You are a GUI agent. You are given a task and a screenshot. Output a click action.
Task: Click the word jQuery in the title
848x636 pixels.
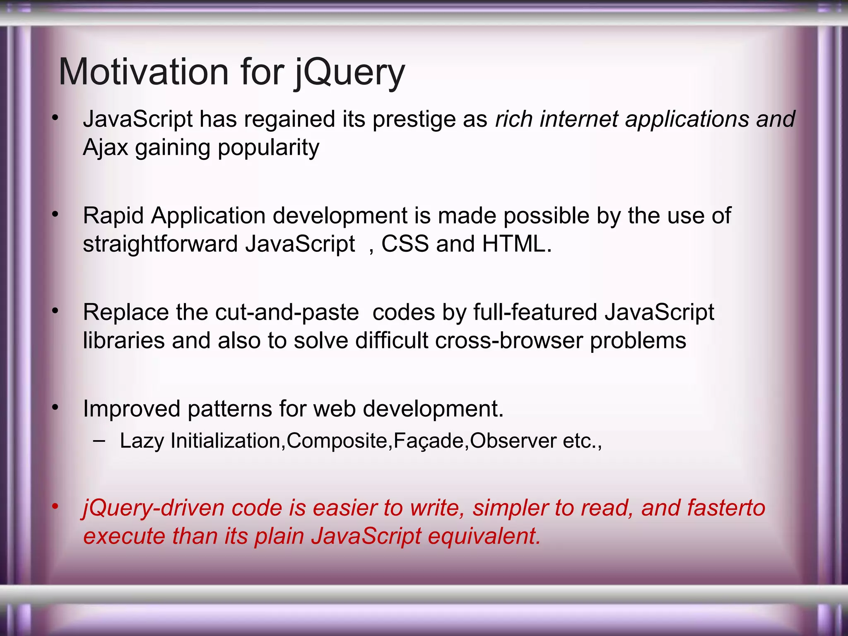(350, 72)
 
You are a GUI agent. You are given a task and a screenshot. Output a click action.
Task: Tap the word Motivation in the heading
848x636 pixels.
(143, 72)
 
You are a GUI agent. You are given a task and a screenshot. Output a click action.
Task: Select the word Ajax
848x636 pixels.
(105, 147)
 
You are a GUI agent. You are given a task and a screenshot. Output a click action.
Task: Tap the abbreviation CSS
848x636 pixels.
(405, 244)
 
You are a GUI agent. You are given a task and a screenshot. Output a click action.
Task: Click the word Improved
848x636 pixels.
(131, 409)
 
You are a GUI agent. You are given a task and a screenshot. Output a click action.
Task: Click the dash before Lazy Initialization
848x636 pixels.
(99, 441)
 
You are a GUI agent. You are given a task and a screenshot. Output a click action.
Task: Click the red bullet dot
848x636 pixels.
(55, 506)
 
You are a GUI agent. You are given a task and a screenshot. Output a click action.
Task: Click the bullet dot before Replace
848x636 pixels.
(55, 311)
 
